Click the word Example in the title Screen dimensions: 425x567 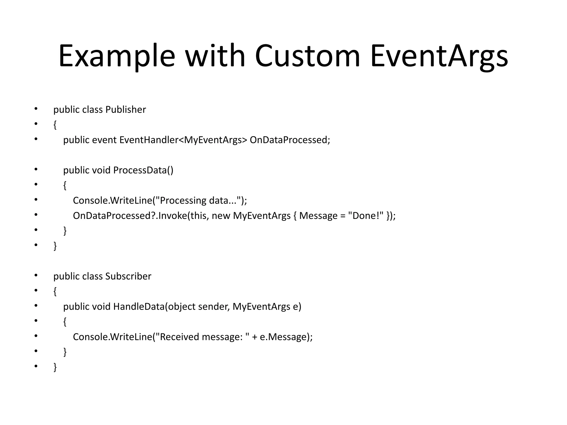[x=117, y=56]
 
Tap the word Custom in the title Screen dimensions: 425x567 [x=307, y=56]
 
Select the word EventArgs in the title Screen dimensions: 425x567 [x=439, y=56]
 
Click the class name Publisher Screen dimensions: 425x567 [x=125, y=110]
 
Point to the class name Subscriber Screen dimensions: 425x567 [x=128, y=276]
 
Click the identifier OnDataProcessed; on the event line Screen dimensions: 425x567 [x=290, y=140]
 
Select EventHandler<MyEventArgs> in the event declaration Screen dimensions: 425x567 [x=183, y=140]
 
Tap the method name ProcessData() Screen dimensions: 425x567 [x=143, y=170]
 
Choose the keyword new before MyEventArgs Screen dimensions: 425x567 [x=221, y=216]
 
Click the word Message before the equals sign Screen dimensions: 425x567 [x=318, y=216]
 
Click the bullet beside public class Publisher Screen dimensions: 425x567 [x=36, y=109]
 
